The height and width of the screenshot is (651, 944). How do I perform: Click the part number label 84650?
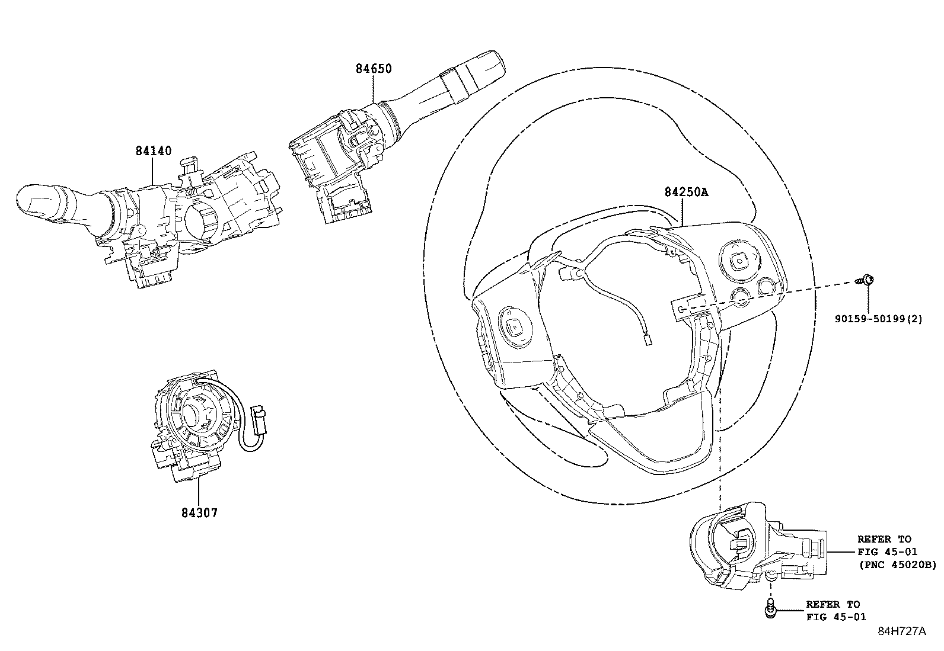[x=374, y=69]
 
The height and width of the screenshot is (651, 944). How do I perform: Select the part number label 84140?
[x=153, y=151]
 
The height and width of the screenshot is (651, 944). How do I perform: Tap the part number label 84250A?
[x=687, y=193]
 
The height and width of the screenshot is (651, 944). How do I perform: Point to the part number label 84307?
[x=199, y=512]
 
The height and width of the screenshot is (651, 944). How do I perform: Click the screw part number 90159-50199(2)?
[x=879, y=319]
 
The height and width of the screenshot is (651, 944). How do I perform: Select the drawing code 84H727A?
[x=901, y=631]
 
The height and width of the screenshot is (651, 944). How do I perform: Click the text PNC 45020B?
[x=898, y=566]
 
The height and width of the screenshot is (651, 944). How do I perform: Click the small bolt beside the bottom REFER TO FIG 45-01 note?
[x=770, y=610]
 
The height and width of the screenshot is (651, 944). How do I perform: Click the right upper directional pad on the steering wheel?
[x=739, y=258]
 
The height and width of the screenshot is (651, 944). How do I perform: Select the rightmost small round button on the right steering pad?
[x=766, y=287]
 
